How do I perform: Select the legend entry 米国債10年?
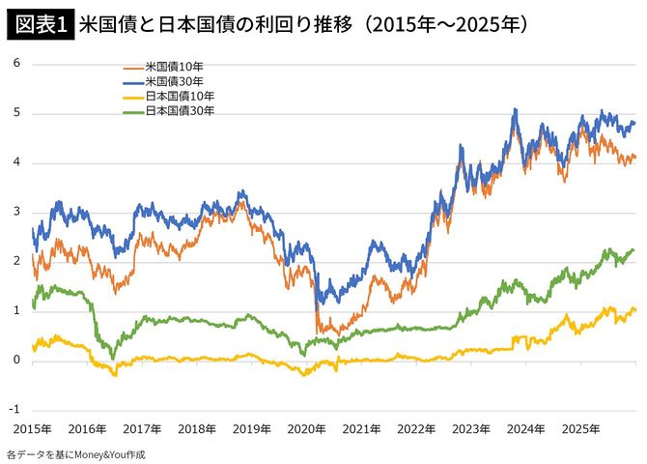point(174,67)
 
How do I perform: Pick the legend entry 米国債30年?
point(174,81)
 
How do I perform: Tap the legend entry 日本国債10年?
point(179,97)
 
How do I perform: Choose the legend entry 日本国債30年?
point(179,111)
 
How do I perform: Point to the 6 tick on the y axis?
point(16,64)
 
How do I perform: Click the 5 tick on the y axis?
point(16,113)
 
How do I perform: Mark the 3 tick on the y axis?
point(16,213)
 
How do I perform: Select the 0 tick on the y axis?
point(16,361)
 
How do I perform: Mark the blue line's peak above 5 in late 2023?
point(516,110)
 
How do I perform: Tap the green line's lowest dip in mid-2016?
point(112,358)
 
